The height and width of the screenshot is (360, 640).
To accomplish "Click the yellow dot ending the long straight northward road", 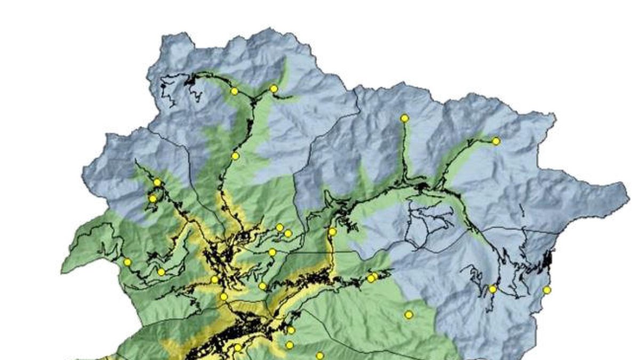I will click(x=405, y=118).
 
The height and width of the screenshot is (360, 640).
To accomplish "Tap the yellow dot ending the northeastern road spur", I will click(x=496, y=141).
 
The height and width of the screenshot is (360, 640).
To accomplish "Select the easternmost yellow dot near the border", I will click(x=547, y=290).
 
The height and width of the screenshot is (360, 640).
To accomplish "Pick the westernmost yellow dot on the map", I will click(x=127, y=262).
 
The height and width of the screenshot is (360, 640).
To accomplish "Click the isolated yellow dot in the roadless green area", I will click(x=409, y=315).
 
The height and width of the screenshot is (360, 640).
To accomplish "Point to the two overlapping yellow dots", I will click(x=372, y=277).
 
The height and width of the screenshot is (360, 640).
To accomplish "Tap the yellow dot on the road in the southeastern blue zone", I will click(x=493, y=289).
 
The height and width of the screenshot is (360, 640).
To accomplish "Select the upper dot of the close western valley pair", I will click(x=157, y=182).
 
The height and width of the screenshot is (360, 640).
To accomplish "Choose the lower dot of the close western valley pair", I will click(x=153, y=199).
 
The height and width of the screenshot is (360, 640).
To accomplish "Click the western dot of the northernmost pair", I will click(x=234, y=91).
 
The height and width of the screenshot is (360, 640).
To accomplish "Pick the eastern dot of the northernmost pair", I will click(x=274, y=89).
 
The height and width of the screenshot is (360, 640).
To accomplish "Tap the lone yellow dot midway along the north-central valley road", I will click(x=235, y=156).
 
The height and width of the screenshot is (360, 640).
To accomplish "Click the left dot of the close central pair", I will click(x=279, y=228).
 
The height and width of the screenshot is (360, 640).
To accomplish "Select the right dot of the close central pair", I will click(x=288, y=233).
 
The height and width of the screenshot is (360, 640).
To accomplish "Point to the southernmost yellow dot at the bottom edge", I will click(x=319, y=355).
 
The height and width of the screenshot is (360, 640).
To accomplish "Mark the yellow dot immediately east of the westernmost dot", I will click(x=161, y=272).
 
